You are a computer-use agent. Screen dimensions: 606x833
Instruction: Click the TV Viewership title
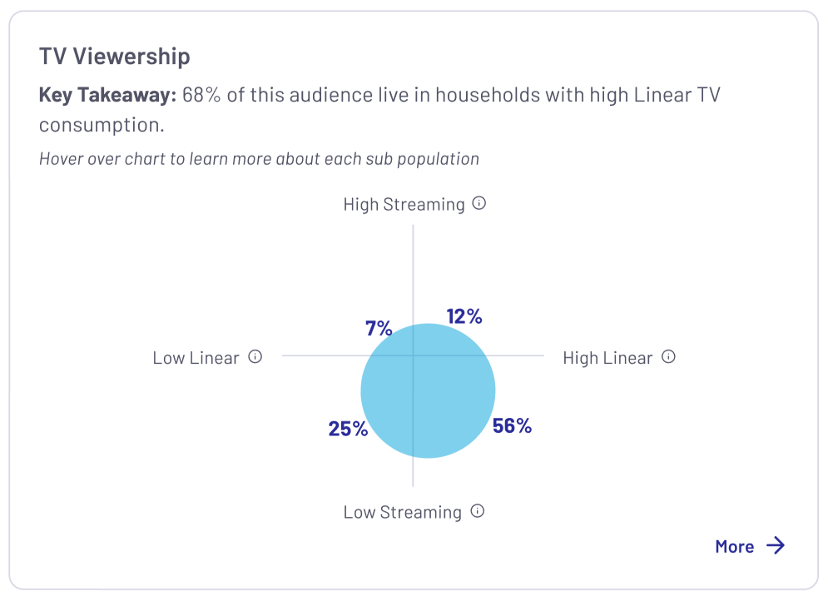pos(114,57)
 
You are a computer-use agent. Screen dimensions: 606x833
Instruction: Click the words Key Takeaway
pos(107,95)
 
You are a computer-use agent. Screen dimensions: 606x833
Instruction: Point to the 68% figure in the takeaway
pos(201,95)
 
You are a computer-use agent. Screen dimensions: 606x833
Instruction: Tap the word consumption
pos(102,125)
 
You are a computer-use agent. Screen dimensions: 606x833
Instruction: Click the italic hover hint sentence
pos(259,158)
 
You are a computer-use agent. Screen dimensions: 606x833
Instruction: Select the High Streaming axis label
pos(404,204)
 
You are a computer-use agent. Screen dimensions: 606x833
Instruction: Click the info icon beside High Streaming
pos(479,203)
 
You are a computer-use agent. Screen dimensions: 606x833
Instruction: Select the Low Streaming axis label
pos(402,512)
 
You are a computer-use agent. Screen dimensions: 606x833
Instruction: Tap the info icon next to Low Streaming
pos(478,511)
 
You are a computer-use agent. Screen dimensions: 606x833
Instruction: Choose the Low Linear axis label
pos(196,358)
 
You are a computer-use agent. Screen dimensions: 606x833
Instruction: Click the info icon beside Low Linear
pos(255,357)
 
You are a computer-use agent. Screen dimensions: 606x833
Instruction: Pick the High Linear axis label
pos(607,358)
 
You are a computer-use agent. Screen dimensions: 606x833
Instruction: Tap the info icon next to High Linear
pos(668,357)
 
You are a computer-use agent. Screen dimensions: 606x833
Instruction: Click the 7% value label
pos(379,328)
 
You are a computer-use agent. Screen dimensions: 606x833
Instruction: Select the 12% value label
pos(464,316)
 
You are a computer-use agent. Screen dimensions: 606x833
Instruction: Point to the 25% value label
pos(348,429)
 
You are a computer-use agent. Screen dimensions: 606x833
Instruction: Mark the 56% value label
pos(512,425)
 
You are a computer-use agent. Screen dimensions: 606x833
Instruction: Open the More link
pos(734,546)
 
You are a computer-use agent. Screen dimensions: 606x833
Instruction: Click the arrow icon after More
pos(776,545)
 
